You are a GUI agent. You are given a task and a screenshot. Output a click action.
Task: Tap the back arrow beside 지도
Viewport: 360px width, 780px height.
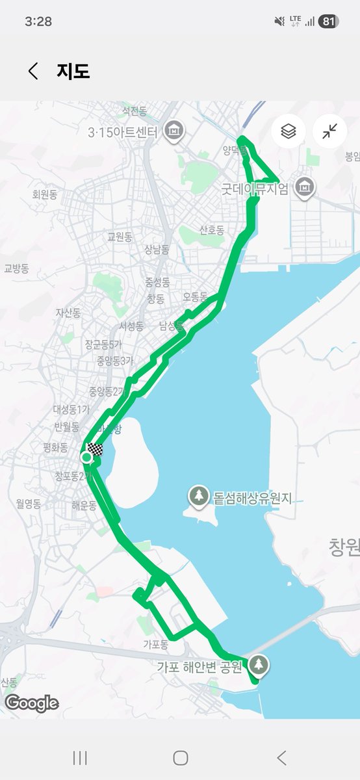click(x=33, y=71)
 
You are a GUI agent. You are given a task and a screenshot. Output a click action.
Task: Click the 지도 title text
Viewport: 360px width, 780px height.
click(x=73, y=71)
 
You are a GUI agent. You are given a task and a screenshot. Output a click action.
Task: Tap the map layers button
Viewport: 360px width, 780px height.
click(x=289, y=131)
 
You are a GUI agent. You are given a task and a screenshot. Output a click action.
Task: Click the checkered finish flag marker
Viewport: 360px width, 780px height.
click(x=96, y=449)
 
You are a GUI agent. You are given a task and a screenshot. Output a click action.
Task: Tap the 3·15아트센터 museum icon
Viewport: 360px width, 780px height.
click(x=174, y=131)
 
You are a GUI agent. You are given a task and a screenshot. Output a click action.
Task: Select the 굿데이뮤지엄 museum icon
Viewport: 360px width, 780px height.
click(x=303, y=188)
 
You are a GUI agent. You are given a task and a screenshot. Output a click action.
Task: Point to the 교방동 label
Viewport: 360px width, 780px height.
click(x=17, y=268)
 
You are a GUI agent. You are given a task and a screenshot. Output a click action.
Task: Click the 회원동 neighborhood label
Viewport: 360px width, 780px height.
click(x=45, y=194)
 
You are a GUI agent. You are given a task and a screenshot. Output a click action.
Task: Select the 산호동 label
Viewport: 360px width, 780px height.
click(x=212, y=230)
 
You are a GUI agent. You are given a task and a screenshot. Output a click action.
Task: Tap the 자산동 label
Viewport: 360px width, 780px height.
click(x=68, y=313)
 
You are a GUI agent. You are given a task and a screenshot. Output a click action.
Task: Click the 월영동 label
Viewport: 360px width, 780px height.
click(x=29, y=503)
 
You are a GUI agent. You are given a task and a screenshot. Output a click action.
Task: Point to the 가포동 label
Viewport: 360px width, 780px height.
click(x=156, y=645)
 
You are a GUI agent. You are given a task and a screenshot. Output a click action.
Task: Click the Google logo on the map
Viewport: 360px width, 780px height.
click(x=32, y=703)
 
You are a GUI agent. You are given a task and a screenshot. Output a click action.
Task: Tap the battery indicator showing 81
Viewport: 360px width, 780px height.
click(x=329, y=21)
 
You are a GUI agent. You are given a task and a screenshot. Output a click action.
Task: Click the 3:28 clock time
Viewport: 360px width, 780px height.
click(x=38, y=21)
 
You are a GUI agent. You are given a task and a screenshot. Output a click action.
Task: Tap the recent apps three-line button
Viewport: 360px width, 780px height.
click(x=80, y=757)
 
